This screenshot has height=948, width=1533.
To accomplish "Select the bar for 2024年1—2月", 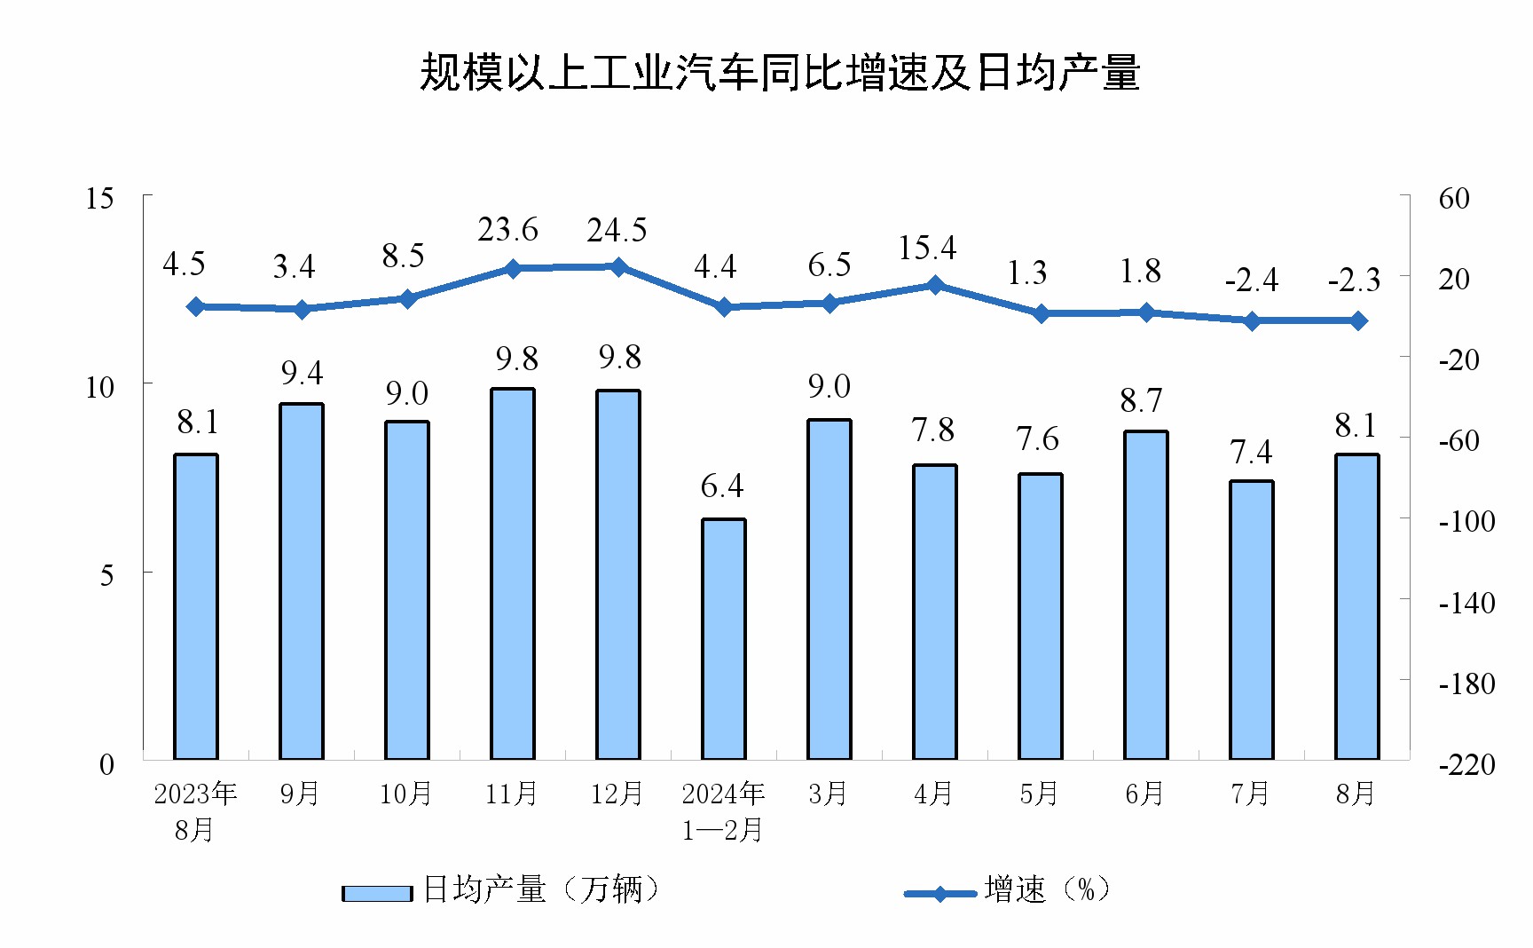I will (724, 639).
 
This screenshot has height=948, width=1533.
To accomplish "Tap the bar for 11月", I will (513, 573).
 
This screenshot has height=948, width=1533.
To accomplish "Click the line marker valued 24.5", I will (618, 266).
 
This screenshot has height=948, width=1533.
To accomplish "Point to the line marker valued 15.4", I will (935, 285).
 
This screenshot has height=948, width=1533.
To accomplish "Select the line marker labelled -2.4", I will (1252, 320).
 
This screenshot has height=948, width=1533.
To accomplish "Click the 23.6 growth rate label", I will (507, 230).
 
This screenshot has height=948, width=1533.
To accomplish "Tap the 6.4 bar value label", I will (722, 486).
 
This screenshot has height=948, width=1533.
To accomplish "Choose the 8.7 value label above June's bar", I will (1141, 401).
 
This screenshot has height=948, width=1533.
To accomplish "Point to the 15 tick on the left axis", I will (99, 198).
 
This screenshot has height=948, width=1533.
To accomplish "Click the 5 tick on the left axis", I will (106, 575).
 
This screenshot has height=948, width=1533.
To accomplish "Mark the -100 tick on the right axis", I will (1466, 521).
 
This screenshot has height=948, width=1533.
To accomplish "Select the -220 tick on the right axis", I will (1466, 764).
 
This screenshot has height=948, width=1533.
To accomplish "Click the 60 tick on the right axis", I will (1454, 198).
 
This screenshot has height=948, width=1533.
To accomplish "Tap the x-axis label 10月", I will (405, 794).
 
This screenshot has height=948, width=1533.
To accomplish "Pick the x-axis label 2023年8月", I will (195, 810).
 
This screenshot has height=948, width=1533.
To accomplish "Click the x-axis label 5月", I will (1039, 794).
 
